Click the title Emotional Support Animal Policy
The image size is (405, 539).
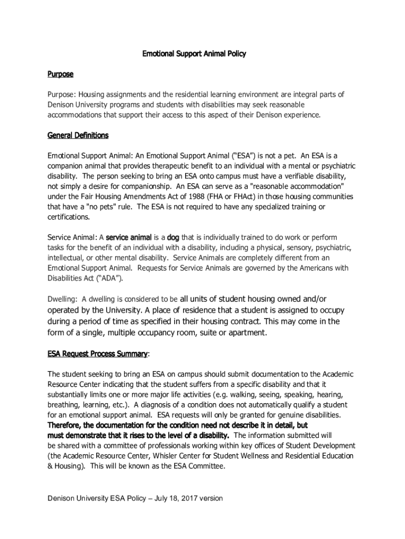click(x=195, y=54)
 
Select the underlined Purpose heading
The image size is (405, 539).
click(x=60, y=74)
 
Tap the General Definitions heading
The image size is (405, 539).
click(x=78, y=135)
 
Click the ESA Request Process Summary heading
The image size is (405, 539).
click(x=97, y=354)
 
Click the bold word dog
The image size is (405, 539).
click(x=173, y=237)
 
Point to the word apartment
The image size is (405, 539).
click(x=246, y=333)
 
